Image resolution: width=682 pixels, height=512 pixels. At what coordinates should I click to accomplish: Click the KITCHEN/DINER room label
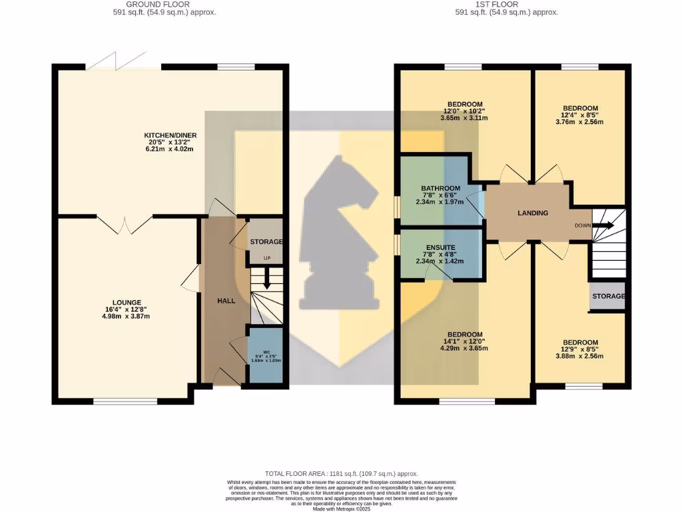pyautogui.click(x=171, y=135)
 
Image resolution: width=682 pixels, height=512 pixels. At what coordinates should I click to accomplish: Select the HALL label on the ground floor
pyautogui.click(x=226, y=301)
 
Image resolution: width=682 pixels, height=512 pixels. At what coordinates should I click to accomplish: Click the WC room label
pyautogui.click(x=265, y=351)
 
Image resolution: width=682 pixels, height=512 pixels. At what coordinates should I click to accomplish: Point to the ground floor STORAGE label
pyautogui.click(x=266, y=241)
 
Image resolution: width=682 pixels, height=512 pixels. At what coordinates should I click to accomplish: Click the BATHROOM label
pyautogui.click(x=440, y=189)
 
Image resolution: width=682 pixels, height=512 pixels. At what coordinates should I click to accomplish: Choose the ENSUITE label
pyautogui.click(x=440, y=247)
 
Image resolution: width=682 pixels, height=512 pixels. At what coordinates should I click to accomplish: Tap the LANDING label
pyautogui.click(x=533, y=213)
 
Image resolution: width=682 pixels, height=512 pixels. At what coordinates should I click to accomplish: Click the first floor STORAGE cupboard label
pyautogui.click(x=608, y=296)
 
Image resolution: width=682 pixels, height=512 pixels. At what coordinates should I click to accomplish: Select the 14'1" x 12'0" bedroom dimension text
pyautogui.click(x=464, y=341)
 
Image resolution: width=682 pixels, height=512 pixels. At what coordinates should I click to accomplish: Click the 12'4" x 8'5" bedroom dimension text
pyautogui.click(x=580, y=115)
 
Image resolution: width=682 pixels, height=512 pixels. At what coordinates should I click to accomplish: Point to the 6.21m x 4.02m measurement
pyautogui.click(x=171, y=149)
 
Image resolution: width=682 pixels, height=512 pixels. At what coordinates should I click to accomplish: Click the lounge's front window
pyautogui.click(x=125, y=401)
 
